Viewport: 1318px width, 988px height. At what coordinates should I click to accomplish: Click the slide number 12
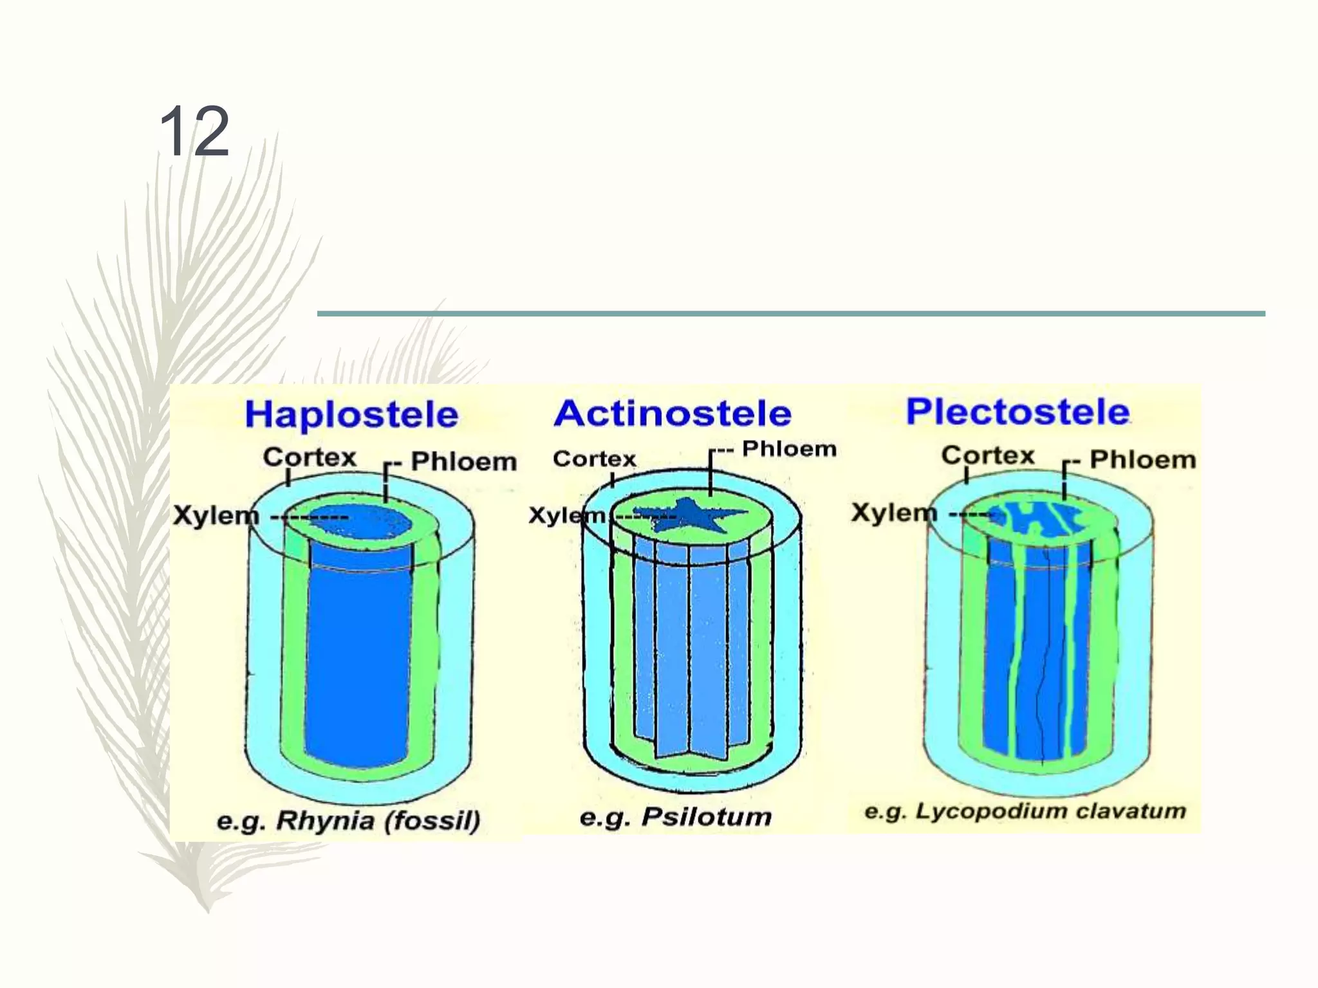click(x=194, y=132)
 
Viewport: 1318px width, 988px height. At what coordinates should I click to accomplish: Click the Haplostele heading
click(x=351, y=414)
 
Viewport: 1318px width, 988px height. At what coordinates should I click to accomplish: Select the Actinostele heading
click(x=673, y=413)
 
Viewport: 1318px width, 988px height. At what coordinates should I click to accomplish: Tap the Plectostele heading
click(x=1017, y=412)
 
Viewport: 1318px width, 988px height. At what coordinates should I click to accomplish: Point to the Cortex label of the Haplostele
click(x=310, y=457)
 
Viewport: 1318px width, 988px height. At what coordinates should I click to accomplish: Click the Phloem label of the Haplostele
click(x=463, y=461)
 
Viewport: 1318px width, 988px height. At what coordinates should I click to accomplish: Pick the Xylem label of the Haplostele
click(x=216, y=515)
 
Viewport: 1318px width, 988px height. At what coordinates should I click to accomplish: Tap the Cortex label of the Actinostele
click(x=594, y=459)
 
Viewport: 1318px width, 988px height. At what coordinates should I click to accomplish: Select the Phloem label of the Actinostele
click(x=789, y=449)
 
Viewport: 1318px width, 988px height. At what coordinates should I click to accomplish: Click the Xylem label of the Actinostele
click(x=566, y=515)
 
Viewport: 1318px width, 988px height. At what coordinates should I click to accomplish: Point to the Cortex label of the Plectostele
click(x=988, y=455)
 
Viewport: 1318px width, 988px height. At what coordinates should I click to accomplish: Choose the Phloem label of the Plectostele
click(x=1142, y=459)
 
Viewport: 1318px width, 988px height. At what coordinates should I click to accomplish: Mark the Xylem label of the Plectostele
click(x=894, y=513)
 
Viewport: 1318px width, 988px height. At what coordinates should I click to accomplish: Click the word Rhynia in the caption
click(x=325, y=821)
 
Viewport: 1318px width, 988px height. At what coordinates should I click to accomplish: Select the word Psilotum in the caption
click(x=706, y=817)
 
